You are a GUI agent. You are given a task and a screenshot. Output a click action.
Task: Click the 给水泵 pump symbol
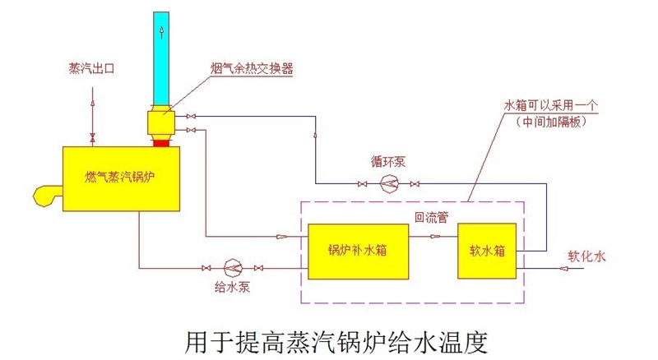pos(233,268)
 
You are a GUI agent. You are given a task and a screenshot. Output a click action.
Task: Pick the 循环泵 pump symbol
pos(389,183)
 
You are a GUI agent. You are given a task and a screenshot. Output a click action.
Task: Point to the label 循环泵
pos(389,161)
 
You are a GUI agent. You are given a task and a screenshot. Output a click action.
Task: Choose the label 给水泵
pos(233,288)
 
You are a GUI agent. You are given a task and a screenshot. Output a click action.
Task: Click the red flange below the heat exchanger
pos(161,144)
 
